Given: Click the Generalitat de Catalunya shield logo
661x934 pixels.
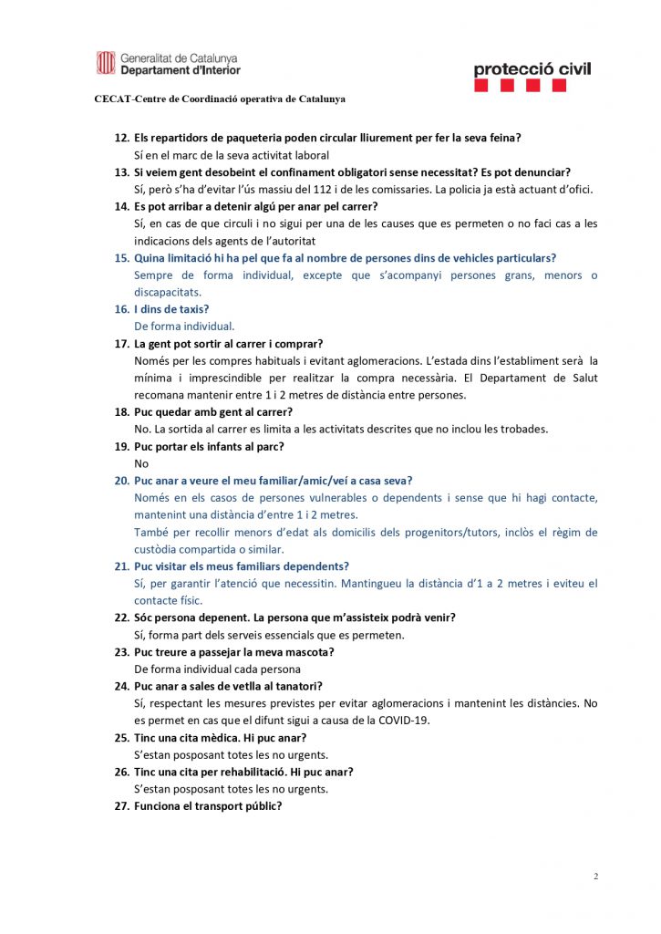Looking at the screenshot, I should pos(106,63).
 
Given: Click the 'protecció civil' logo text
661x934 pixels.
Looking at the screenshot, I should pos(532,68).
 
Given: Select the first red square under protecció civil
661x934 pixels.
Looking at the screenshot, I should pos(482,86).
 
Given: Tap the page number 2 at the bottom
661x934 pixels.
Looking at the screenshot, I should pos(596,877).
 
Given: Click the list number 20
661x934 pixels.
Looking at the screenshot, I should pos(121,481).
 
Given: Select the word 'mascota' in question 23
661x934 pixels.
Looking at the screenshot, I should pos(307,652).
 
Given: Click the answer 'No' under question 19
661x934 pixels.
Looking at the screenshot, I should pos(141,463).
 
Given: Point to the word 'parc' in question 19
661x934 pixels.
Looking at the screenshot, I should pos(266,446).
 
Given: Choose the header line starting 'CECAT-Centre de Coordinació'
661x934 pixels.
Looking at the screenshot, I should pos(220,99).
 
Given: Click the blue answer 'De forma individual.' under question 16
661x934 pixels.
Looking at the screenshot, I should pos(184,326).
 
